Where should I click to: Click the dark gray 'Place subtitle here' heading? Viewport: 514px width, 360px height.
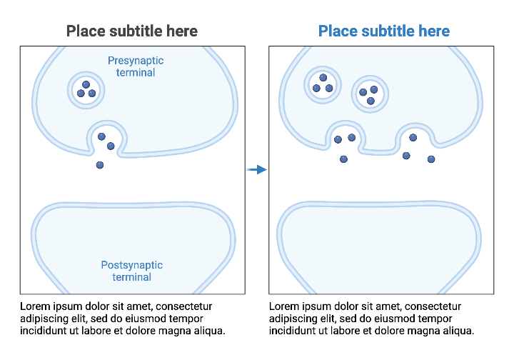pos(132,31)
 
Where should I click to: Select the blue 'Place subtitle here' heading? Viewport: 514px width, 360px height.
pos(384,31)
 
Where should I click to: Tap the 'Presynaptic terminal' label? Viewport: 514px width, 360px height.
pos(136,66)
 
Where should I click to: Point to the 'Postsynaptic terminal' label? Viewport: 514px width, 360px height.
pos(132,271)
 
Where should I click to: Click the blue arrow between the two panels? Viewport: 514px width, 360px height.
pos(257,169)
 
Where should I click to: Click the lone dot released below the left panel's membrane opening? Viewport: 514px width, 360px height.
pos(100,165)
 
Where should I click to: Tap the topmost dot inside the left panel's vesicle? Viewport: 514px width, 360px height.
pos(86,84)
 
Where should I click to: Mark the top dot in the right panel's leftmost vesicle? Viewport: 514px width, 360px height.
pos(323,78)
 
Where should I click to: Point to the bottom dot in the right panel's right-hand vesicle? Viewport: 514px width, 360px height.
pos(371,101)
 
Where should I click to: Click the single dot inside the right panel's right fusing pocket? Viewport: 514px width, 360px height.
pos(413,137)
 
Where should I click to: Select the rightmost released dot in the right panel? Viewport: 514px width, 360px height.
pos(431,159)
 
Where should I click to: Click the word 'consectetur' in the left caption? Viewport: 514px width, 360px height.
pos(184,306)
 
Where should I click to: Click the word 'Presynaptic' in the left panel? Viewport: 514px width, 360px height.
pos(136,61)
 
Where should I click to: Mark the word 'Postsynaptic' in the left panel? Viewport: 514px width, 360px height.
pos(132,265)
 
